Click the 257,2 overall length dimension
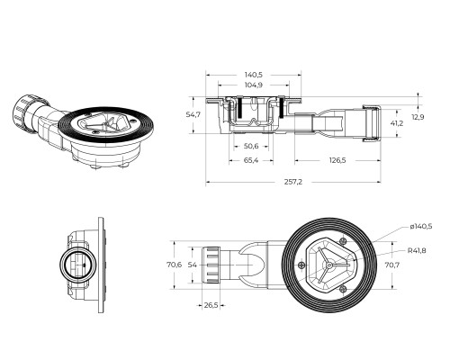[x=293, y=182]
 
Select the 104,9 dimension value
[x=254, y=85]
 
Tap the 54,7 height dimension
[x=193, y=114]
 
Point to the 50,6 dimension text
[x=251, y=147]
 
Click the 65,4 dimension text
[x=251, y=160]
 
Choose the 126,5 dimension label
[x=337, y=160]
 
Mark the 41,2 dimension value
[x=397, y=123]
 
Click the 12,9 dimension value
[x=418, y=117]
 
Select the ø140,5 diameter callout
[x=421, y=227]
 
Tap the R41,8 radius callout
[x=417, y=250]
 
